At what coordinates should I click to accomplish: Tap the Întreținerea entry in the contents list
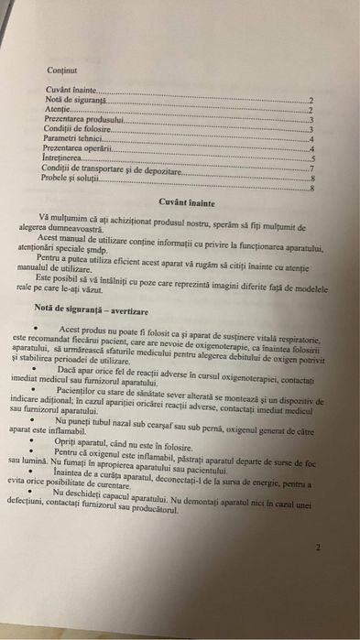coord(67,158)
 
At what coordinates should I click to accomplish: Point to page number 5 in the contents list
coord(312,159)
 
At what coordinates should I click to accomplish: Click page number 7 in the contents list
coord(312,168)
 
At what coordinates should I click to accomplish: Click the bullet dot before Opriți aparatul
coord(34,441)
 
